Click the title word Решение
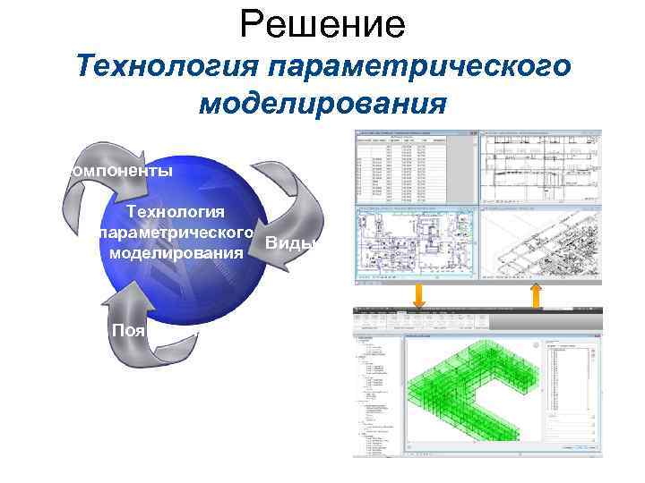pos(322,24)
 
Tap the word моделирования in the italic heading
pos(322,104)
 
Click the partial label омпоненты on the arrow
pos(116,169)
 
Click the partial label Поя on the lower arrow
pos(127,329)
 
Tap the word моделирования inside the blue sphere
pos(176,254)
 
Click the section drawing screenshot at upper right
pos(540,167)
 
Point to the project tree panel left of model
pos(379,394)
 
